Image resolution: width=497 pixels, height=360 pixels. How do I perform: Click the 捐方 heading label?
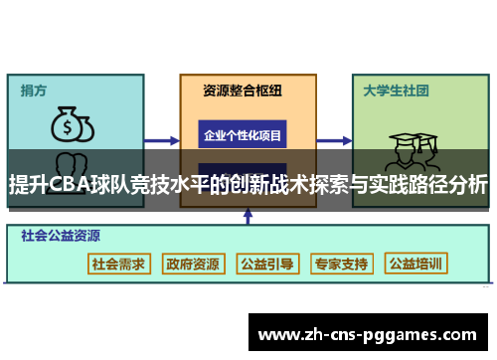point(33,90)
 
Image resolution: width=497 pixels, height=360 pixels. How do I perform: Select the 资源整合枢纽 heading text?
point(242,90)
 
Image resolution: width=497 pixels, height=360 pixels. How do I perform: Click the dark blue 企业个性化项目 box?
point(243,134)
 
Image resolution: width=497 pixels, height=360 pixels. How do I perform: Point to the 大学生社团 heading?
point(396,90)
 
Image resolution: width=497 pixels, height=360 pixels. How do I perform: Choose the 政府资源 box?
point(193,264)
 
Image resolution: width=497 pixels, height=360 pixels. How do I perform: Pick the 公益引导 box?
point(266,264)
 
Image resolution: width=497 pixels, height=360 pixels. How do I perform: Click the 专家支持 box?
point(341,264)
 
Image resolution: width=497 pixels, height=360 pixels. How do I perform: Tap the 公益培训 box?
point(416,264)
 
